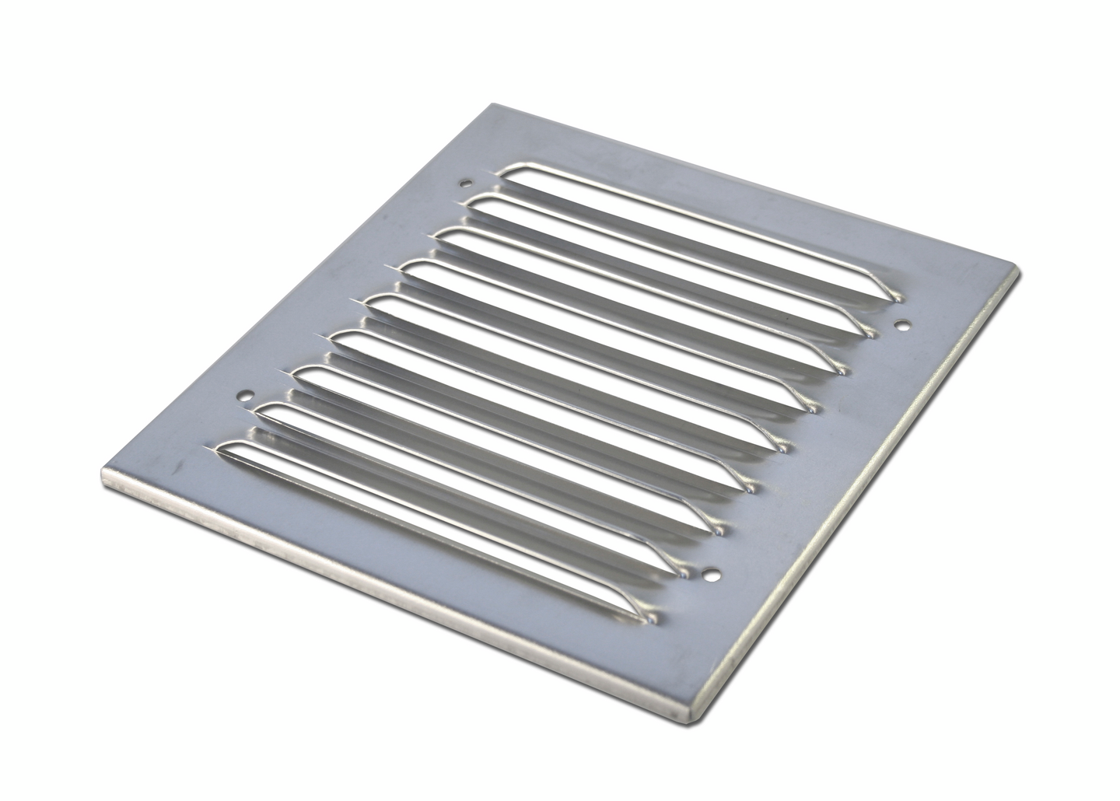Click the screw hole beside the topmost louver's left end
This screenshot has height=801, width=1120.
click(x=466, y=184)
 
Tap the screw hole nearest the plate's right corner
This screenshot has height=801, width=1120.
click(x=902, y=324)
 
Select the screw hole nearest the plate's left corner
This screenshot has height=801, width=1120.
click(x=247, y=395)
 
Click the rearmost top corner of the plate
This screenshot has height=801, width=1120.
click(x=488, y=105)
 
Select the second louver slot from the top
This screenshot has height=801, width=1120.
click(x=669, y=268)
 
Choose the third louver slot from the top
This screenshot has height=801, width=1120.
click(x=638, y=303)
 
